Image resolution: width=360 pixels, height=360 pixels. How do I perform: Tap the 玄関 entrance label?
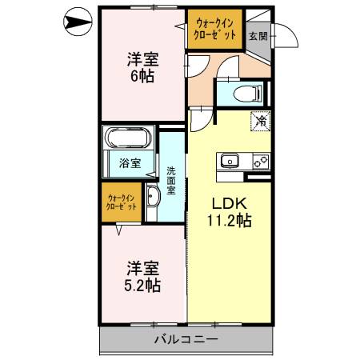coord(257,35)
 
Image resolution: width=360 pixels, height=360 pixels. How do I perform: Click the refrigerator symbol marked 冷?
coord(261,122)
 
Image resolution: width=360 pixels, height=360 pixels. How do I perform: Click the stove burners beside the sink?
coord(260,160)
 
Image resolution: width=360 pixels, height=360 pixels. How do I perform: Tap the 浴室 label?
coord(130,163)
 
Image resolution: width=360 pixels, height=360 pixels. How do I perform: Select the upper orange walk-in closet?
coord(214,30)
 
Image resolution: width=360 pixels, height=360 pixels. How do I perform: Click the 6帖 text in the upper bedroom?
coord(142,77)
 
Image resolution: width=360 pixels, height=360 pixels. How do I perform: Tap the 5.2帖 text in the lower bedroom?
coord(142,286)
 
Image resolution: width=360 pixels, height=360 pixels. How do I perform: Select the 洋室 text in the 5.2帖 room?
coord(142,267)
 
